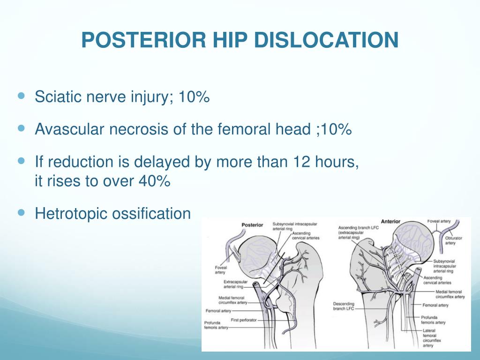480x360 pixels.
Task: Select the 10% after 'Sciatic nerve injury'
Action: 193,98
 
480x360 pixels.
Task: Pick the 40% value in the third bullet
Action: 154,181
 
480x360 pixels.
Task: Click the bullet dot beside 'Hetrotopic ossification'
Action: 21,212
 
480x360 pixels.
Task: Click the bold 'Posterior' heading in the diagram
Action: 252,225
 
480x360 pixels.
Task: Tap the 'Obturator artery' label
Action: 453,240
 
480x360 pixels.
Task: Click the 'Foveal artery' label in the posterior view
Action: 220,270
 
